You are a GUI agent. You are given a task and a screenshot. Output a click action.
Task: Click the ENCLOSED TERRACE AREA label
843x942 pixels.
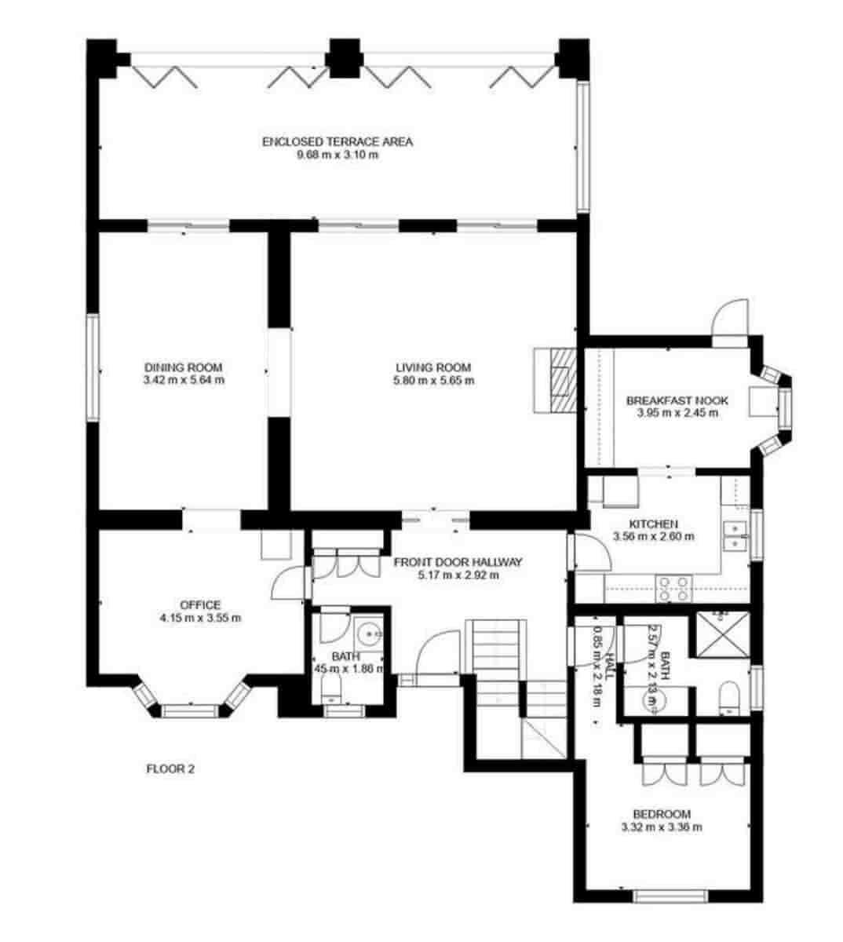[337, 142]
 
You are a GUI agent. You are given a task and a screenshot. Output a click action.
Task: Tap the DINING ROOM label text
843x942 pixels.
[183, 367]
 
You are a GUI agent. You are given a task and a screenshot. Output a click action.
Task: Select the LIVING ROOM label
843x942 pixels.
[432, 367]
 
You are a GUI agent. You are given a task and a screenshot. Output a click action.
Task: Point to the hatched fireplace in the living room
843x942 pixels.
[560, 380]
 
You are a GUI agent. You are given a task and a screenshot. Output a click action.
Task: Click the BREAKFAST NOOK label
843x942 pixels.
[677, 400]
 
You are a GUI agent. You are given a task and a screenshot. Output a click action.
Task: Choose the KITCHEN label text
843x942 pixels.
[653, 524]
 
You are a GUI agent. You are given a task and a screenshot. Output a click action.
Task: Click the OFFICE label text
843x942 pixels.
[200, 605]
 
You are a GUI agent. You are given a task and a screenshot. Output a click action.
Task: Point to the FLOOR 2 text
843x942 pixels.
[170, 769]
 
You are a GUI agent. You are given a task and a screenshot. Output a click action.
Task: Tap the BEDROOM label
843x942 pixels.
[662, 814]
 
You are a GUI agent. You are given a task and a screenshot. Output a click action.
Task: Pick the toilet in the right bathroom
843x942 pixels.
[728, 697]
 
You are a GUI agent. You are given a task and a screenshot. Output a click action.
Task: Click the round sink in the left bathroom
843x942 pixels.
[367, 633]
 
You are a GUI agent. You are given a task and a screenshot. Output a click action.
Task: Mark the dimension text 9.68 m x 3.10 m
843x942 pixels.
[337, 155]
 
